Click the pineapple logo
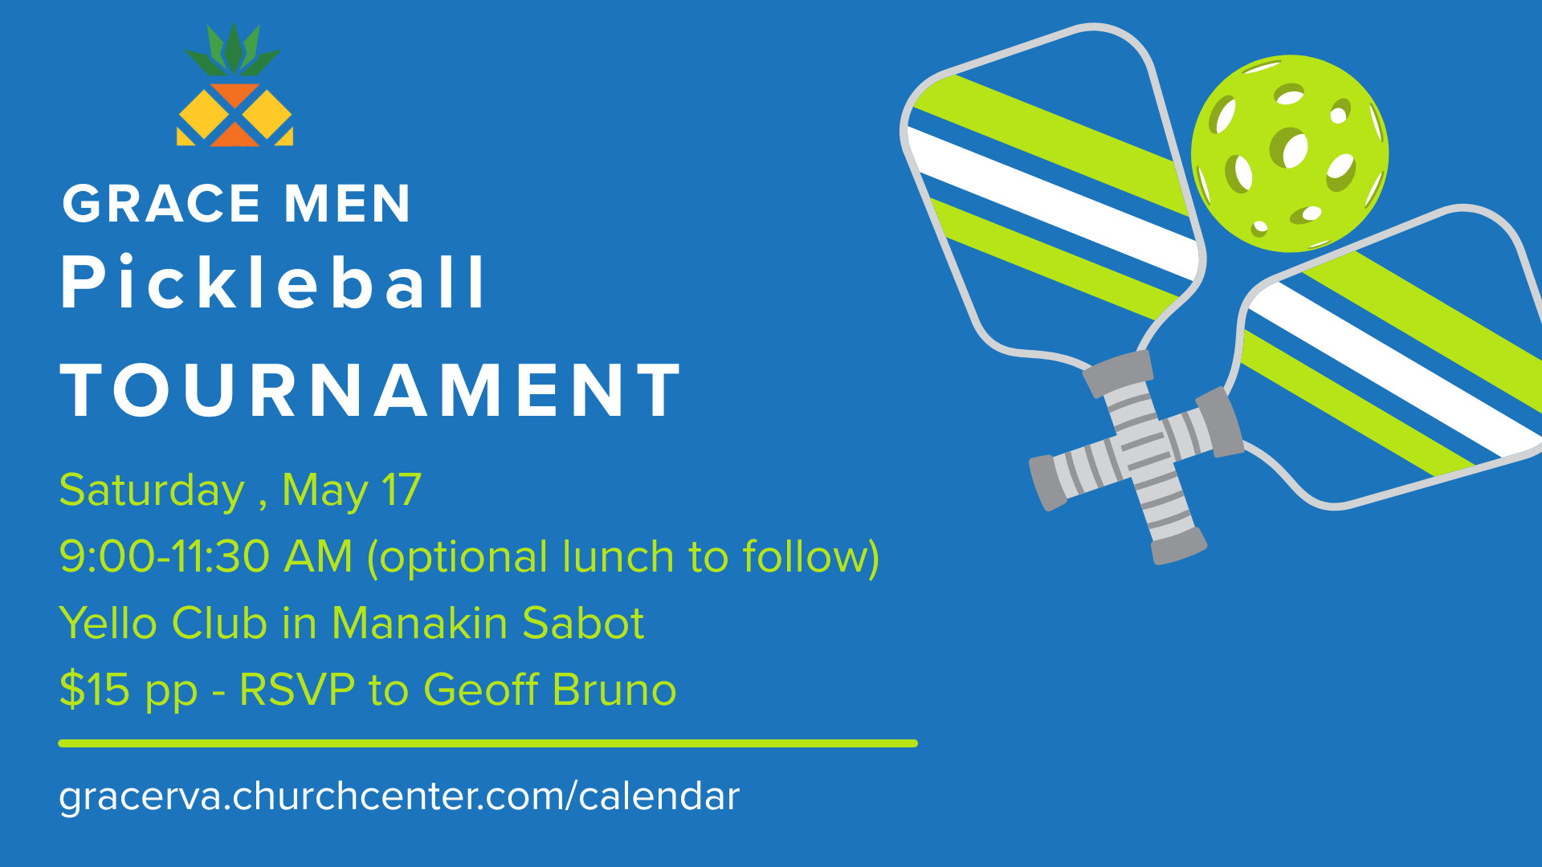pyautogui.click(x=235, y=84)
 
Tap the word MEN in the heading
pyautogui.click(x=348, y=204)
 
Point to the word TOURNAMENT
pyautogui.click(x=371, y=390)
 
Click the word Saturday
pyautogui.click(x=152, y=490)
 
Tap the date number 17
pyautogui.click(x=402, y=490)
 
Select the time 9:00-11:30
pyautogui.click(x=165, y=556)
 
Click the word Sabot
pyautogui.click(x=583, y=623)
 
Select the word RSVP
pyautogui.click(x=297, y=690)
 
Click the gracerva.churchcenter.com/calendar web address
pyautogui.click(x=399, y=796)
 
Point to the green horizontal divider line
pyautogui.click(x=488, y=743)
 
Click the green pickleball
pyautogui.click(x=1290, y=153)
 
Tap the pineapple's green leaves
pyautogui.click(x=233, y=50)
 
